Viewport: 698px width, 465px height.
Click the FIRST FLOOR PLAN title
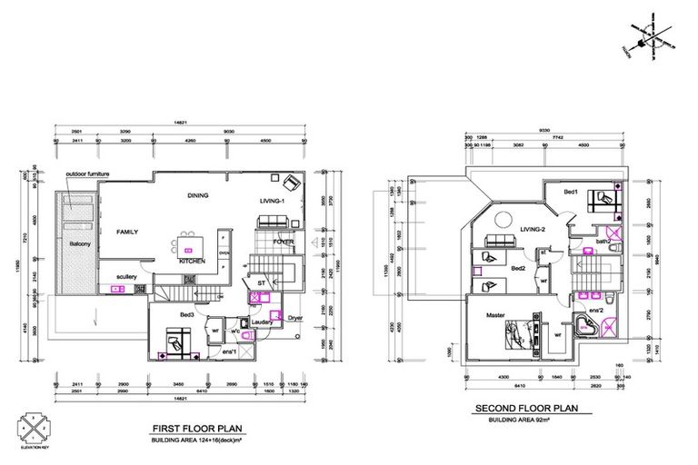click(x=195, y=427)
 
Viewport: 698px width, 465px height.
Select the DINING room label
click(x=199, y=195)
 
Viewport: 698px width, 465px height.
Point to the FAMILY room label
click(x=127, y=232)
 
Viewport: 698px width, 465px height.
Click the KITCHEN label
click(x=191, y=262)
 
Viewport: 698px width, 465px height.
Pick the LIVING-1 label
click(x=273, y=201)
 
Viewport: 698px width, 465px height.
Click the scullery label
click(x=125, y=277)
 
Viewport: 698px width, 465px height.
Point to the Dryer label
click(x=294, y=319)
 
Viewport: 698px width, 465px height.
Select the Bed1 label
click(x=571, y=193)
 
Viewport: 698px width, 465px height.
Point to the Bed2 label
click(x=518, y=269)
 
